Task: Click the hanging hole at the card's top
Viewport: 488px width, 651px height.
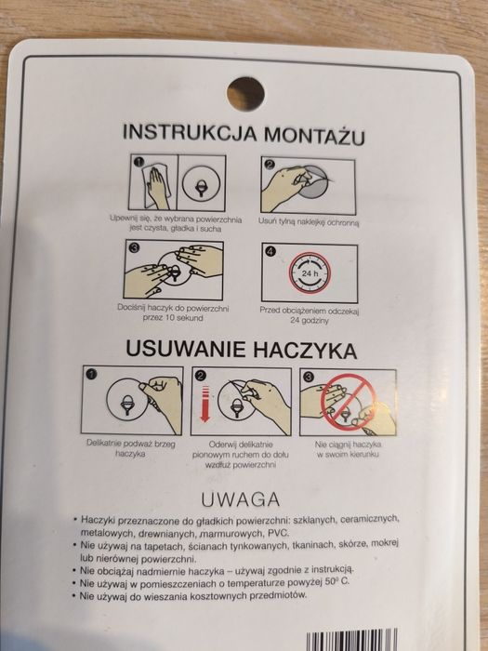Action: [x=245, y=93]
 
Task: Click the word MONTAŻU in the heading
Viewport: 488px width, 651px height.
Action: [x=315, y=135]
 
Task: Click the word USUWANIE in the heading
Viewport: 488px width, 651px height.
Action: [x=186, y=349]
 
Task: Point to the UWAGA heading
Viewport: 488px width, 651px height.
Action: [x=240, y=499]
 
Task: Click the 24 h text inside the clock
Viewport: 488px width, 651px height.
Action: [x=310, y=273]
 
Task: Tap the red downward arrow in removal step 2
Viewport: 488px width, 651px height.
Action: [x=205, y=403]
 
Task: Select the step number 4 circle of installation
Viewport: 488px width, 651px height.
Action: [x=270, y=251]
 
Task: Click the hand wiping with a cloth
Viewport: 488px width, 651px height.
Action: [x=156, y=187]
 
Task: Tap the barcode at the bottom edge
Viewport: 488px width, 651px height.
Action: [x=351, y=640]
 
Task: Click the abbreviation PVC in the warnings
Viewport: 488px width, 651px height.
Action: [x=279, y=533]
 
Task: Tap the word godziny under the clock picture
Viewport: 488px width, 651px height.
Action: [x=310, y=321]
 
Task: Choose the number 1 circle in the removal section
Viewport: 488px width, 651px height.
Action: [x=91, y=374]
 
